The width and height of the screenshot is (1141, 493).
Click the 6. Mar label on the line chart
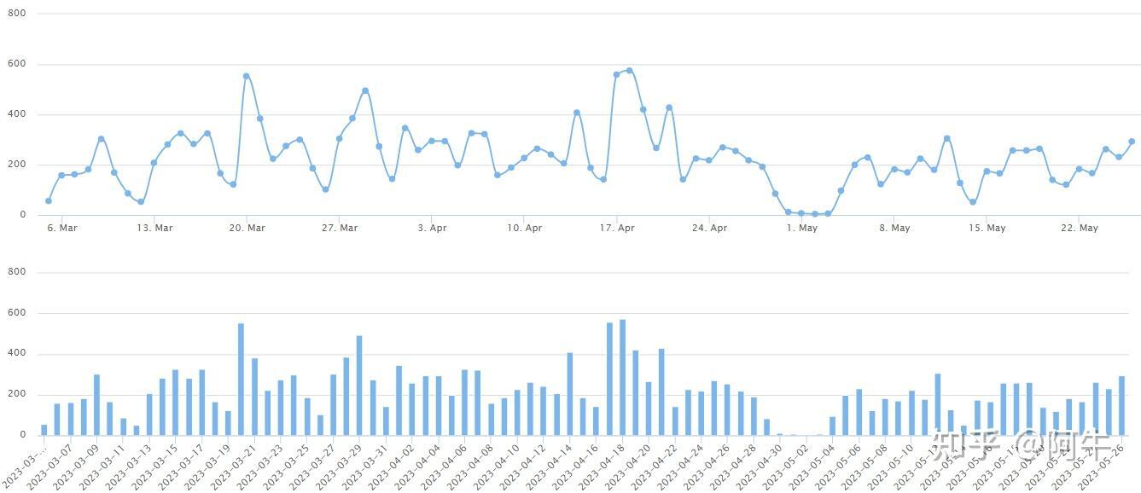click(61, 228)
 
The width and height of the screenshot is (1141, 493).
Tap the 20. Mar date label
click(247, 228)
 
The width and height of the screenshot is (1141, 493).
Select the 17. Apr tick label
click(617, 228)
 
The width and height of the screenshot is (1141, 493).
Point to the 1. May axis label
click(802, 228)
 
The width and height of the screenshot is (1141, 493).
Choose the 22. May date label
click(1079, 228)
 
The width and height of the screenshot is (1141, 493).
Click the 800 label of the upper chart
click(17, 14)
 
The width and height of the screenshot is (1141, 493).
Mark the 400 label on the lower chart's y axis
click(17, 354)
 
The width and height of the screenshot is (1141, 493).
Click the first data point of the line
click(48, 201)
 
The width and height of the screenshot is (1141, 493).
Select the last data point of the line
click(1132, 142)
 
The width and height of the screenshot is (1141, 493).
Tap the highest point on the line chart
click(630, 71)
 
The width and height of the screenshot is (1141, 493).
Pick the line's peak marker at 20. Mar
click(246, 76)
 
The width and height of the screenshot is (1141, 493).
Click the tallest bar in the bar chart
click(622, 377)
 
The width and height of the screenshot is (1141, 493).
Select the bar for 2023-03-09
click(96, 404)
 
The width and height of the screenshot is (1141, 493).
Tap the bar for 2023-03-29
click(359, 385)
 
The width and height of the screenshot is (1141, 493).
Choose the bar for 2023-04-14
click(569, 393)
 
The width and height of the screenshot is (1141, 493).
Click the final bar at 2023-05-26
click(1121, 405)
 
